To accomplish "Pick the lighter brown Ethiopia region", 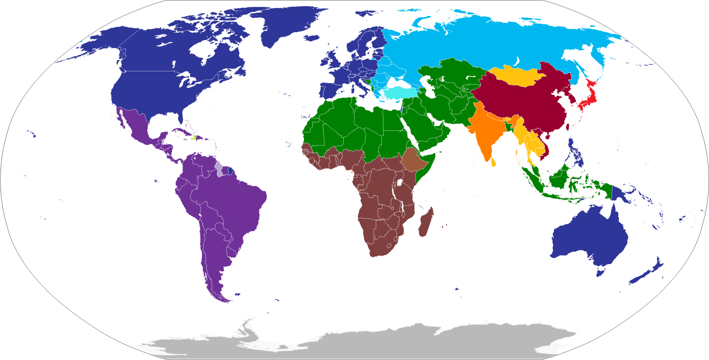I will click(412, 161).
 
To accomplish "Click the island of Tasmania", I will click(601, 272).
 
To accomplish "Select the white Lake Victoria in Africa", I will click(399, 182).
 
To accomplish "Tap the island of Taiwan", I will click(567, 127).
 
